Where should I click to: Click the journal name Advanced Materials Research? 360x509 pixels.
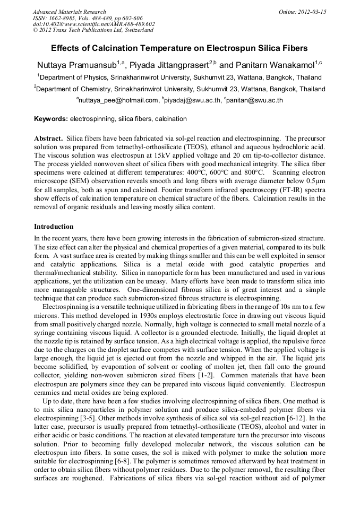coord(69,12)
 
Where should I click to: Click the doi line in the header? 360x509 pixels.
coord(93,24)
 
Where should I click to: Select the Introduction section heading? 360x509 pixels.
coord(54,227)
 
